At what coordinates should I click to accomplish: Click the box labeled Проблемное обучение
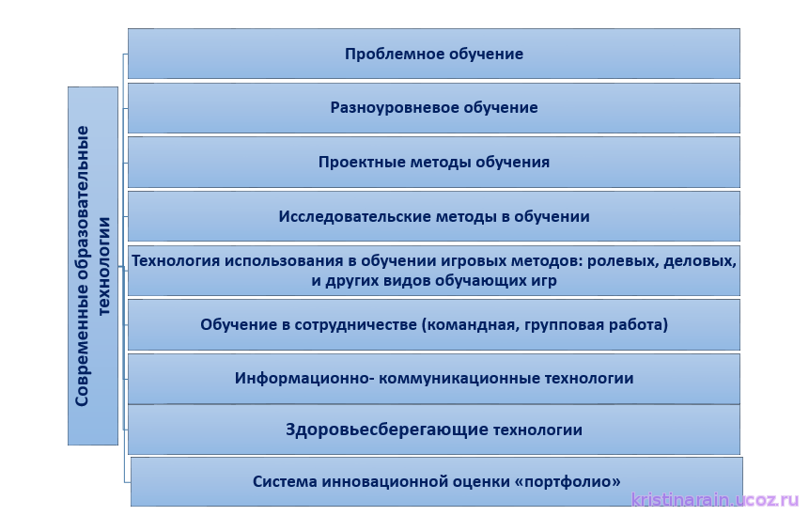coord(434,54)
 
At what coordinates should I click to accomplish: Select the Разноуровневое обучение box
coord(434,108)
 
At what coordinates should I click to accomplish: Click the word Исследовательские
coord(355,216)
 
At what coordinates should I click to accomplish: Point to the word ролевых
coord(623,261)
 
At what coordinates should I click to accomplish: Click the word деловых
coord(700,261)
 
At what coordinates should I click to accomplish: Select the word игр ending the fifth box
coord(543,281)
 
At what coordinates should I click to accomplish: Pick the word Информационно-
coord(304,378)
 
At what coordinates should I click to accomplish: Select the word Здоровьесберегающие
coord(387,430)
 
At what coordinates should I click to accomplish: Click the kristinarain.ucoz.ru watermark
coord(715,500)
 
